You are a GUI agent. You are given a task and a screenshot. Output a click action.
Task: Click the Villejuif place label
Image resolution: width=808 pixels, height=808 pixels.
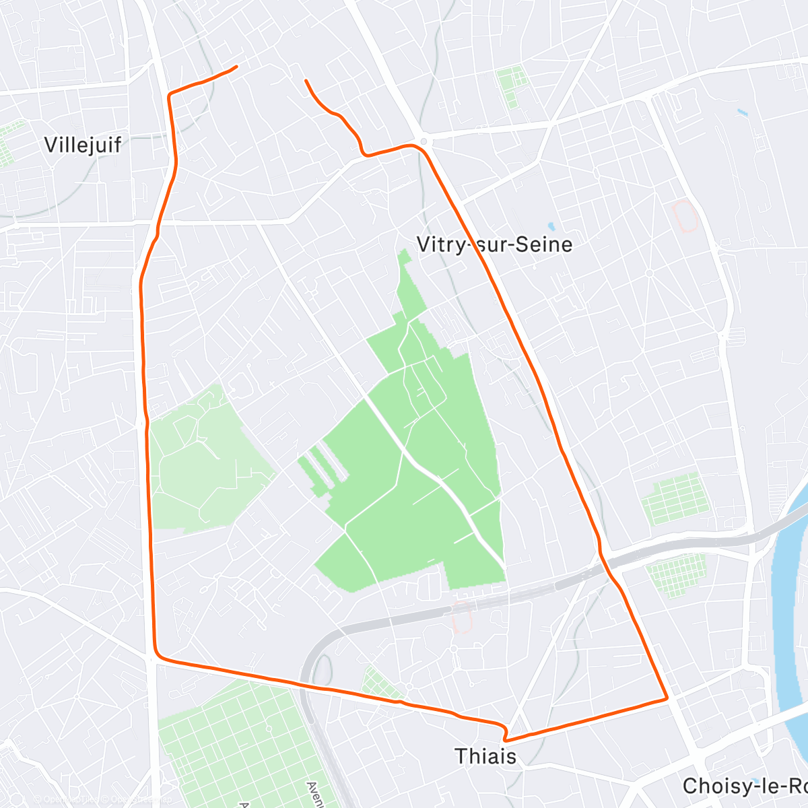tap(82, 144)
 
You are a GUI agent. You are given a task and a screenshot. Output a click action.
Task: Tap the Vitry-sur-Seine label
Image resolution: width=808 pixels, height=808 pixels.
tap(494, 244)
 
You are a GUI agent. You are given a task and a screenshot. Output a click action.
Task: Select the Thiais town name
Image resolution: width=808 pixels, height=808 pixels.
tap(485, 755)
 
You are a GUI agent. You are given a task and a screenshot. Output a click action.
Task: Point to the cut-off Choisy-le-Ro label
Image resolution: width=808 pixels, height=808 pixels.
tap(744, 786)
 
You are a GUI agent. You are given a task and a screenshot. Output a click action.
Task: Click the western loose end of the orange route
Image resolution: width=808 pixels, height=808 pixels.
tap(236, 66)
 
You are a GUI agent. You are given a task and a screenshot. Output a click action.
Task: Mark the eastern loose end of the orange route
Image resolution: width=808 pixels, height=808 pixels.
tap(306, 81)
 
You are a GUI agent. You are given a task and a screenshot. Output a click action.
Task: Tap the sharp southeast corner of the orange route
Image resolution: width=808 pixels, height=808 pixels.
tap(667, 698)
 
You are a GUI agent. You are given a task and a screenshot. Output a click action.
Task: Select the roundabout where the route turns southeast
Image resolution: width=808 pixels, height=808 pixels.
tap(423, 141)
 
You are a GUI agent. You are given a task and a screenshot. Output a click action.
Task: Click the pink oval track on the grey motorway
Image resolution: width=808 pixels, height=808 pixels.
tap(463, 617)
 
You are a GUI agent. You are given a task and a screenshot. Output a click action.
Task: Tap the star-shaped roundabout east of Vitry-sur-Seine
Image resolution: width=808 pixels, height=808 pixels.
tap(649, 273)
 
